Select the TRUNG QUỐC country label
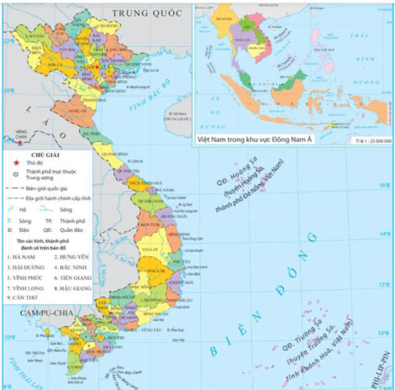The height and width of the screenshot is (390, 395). pyautogui.click(x=132, y=13)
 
